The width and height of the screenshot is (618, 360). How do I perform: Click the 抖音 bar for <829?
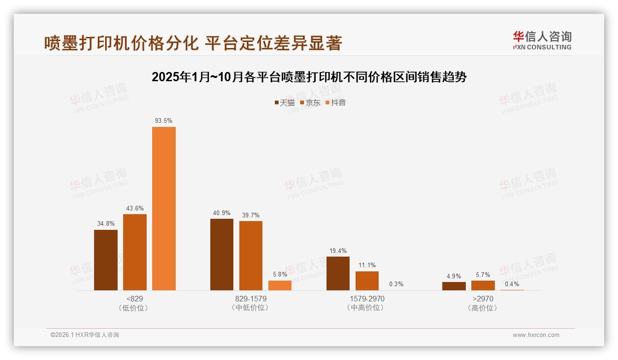pos(164,209)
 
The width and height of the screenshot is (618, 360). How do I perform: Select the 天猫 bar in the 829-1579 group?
pos(222,254)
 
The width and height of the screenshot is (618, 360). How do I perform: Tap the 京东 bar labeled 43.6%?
pos(135,252)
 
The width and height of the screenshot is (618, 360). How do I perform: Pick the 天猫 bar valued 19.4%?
pos(338,273)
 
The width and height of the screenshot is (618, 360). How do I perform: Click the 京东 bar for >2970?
pos(483,285)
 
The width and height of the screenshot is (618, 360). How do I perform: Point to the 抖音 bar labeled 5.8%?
pos(280,285)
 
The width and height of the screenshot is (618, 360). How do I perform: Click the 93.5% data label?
pos(164,121)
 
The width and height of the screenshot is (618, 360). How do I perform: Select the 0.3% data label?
pos(396,284)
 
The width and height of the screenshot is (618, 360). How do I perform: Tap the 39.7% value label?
pos(251,215)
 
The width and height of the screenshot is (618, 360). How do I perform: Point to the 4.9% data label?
pos(454,276)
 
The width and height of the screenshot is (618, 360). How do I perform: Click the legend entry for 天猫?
pos(285,102)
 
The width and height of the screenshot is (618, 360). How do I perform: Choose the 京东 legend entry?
pos(310,102)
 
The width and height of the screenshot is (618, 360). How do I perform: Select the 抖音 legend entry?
pos(336,102)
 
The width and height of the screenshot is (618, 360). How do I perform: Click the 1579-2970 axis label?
pos(367,299)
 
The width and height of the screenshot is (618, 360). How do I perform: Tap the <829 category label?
pos(134,299)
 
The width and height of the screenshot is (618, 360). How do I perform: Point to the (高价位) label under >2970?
pos(483,308)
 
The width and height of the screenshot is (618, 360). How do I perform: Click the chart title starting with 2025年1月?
pos(309,77)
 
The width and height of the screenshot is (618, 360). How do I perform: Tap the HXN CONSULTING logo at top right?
pos(542,41)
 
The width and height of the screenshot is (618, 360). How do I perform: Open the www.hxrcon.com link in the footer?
pos(536,335)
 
